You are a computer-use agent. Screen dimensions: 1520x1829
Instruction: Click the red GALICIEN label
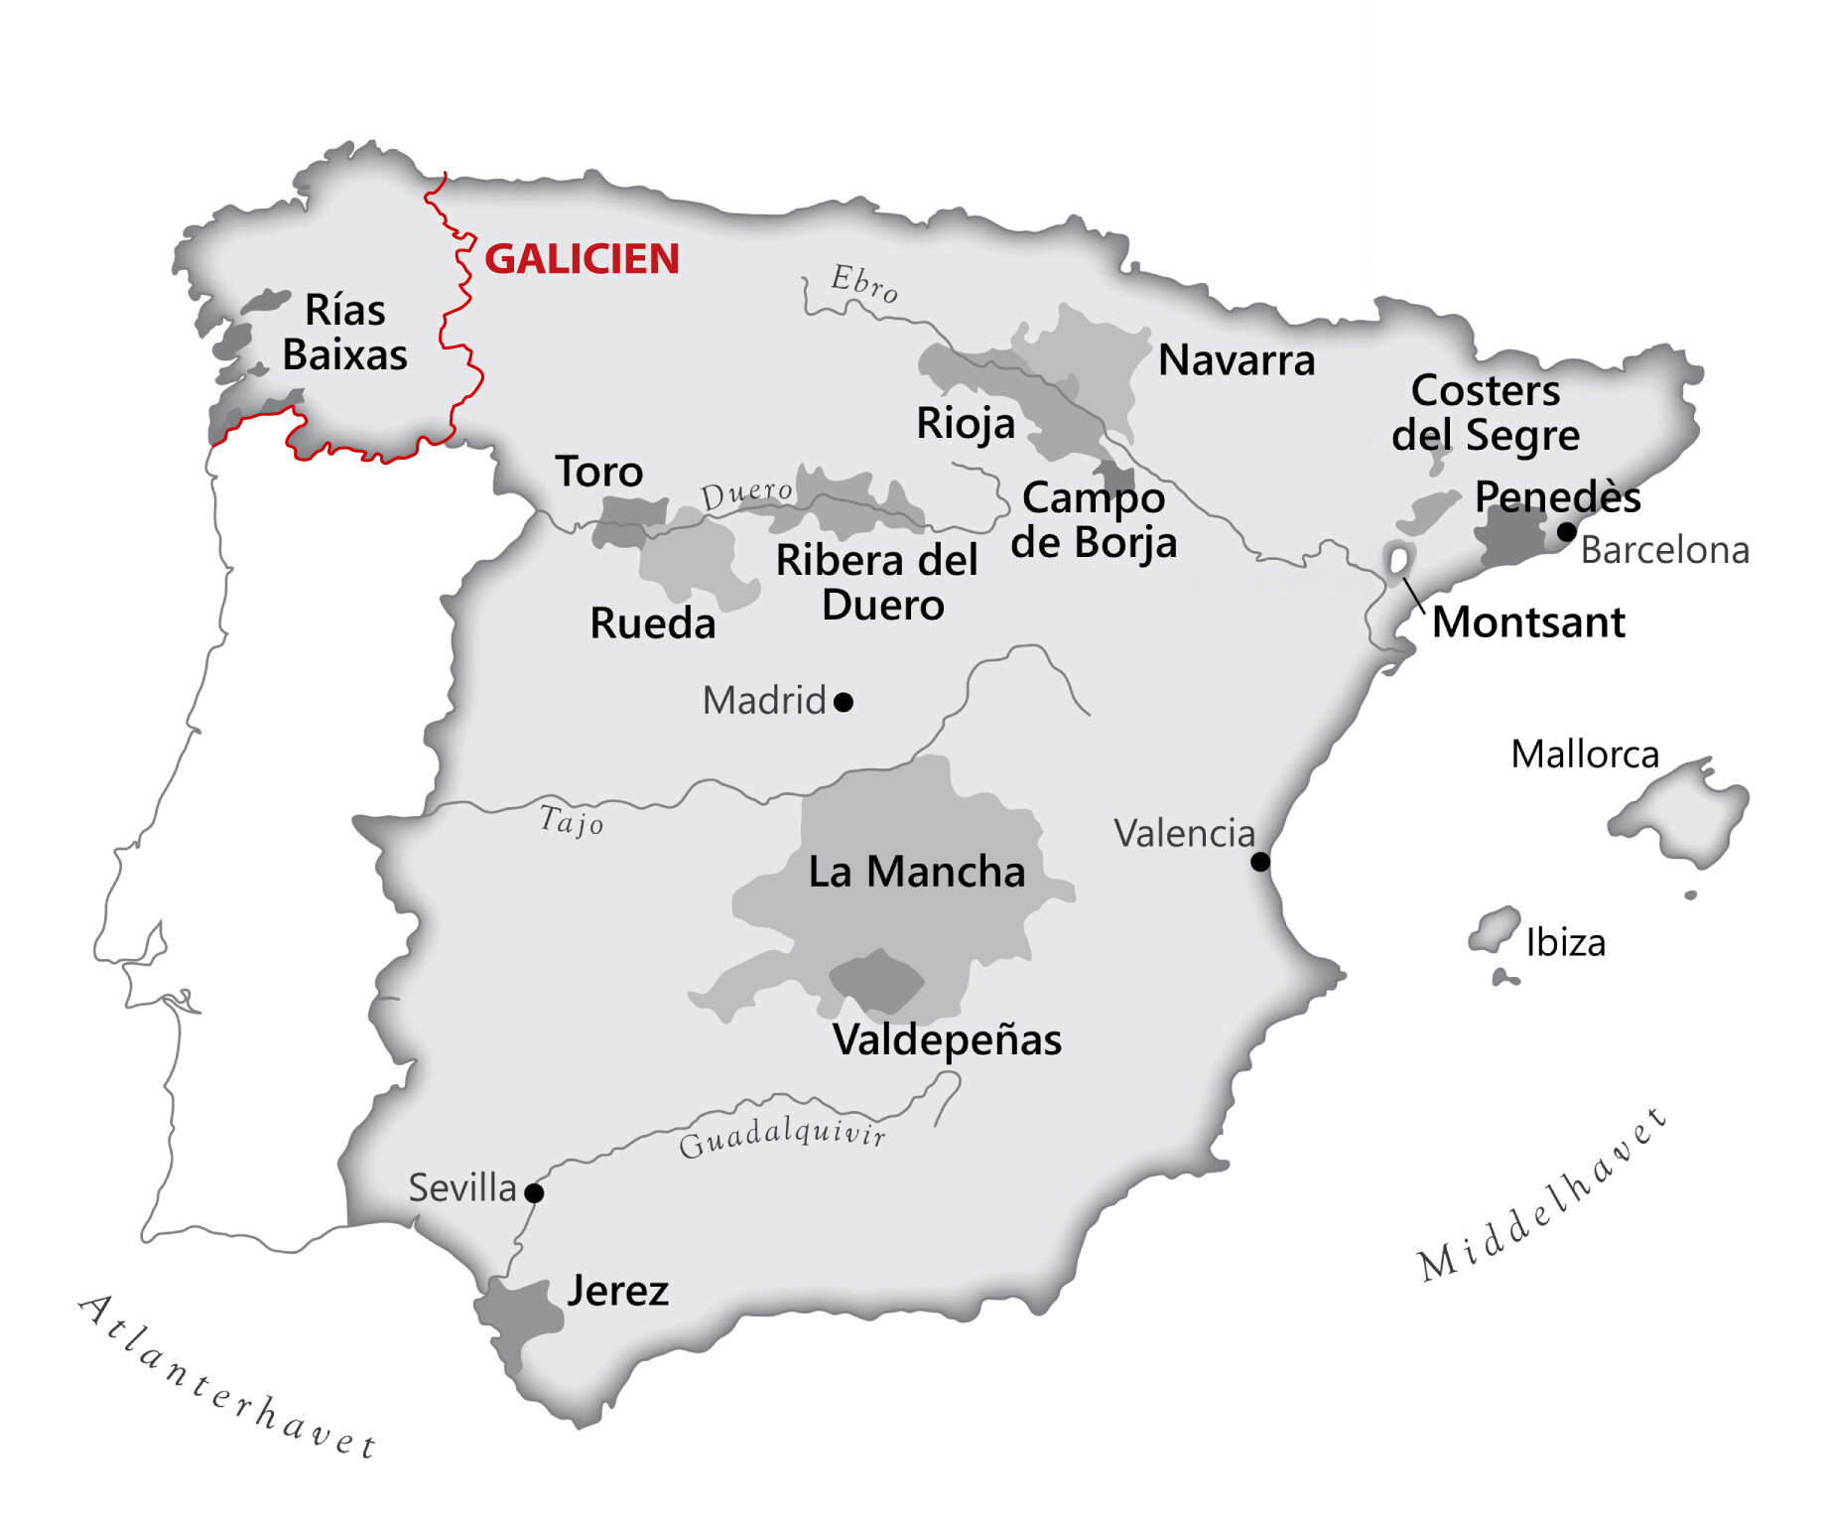[x=582, y=259]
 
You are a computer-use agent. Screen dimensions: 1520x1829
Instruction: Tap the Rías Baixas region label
[x=344, y=333]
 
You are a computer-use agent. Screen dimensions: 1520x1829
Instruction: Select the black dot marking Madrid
[x=844, y=703]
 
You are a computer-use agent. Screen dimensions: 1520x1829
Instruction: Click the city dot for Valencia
[x=1260, y=862]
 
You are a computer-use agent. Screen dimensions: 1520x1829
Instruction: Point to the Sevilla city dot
[x=534, y=1192]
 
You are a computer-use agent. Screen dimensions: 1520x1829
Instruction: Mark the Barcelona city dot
[x=1567, y=532]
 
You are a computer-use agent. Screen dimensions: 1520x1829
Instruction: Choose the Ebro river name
[x=865, y=283]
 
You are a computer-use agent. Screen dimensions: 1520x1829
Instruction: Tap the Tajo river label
[x=572, y=821]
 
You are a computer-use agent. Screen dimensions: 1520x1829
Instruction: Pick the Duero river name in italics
[x=746, y=493]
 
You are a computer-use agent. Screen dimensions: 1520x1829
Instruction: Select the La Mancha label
[x=916, y=872]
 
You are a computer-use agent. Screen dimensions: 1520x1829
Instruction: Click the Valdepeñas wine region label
[x=947, y=1039]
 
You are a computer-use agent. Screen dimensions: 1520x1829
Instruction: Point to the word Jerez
[x=617, y=1291]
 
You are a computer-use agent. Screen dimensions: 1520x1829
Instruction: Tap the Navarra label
[x=1237, y=360]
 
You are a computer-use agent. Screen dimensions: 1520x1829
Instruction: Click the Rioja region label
[x=966, y=424]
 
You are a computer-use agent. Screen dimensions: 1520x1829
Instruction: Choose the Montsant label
[x=1528, y=622]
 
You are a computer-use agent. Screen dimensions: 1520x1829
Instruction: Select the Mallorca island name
[x=1585, y=755]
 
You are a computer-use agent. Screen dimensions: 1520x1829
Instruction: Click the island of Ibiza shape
[x=1495, y=929]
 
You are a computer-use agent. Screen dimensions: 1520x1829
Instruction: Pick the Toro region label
[x=598, y=472]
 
